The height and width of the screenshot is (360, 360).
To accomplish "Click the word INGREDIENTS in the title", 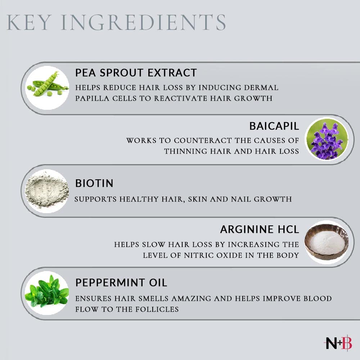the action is click(x=143, y=22).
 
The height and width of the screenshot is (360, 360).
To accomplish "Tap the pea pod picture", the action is click(x=47, y=88).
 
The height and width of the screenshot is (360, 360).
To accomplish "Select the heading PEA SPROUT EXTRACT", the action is click(x=136, y=73).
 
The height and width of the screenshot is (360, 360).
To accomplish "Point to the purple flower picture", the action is click(x=327, y=139).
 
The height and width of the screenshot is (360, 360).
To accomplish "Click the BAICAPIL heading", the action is click(x=274, y=126).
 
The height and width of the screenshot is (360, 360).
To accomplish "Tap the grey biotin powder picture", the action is click(x=47, y=191).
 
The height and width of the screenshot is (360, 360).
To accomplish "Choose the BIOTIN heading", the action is click(x=94, y=183).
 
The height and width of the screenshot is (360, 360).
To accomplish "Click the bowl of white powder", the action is click(x=327, y=242).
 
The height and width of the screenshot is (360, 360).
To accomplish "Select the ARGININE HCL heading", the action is click(x=260, y=229).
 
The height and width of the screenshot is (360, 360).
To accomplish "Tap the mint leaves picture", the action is click(x=47, y=293).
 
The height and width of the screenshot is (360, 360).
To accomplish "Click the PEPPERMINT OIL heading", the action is click(x=121, y=283).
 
